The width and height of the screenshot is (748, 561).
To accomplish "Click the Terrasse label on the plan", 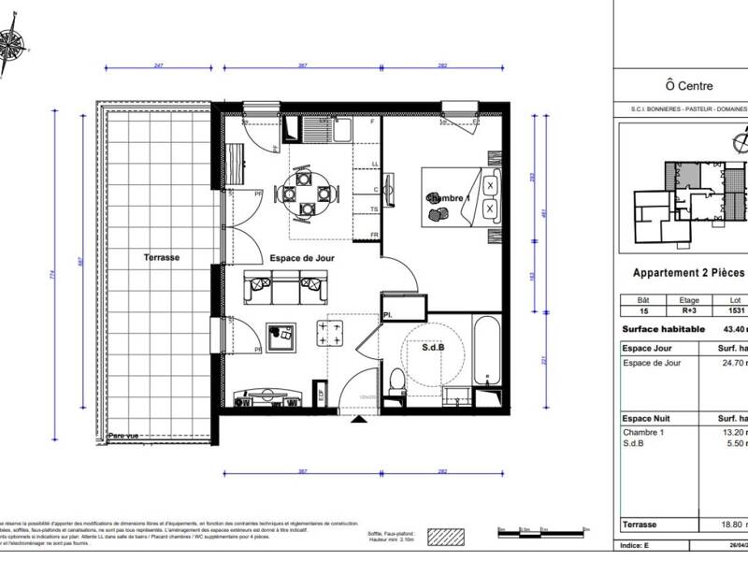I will click(x=161, y=257).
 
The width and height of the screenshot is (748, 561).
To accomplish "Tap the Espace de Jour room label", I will click(x=301, y=258).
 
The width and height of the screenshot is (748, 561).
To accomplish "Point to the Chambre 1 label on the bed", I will click(x=445, y=199).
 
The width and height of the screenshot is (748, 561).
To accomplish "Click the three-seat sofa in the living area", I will click(x=284, y=288).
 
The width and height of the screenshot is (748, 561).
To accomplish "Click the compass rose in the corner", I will click(x=12, y=43).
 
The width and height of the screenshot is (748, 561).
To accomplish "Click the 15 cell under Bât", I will click(x=641, y=311).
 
